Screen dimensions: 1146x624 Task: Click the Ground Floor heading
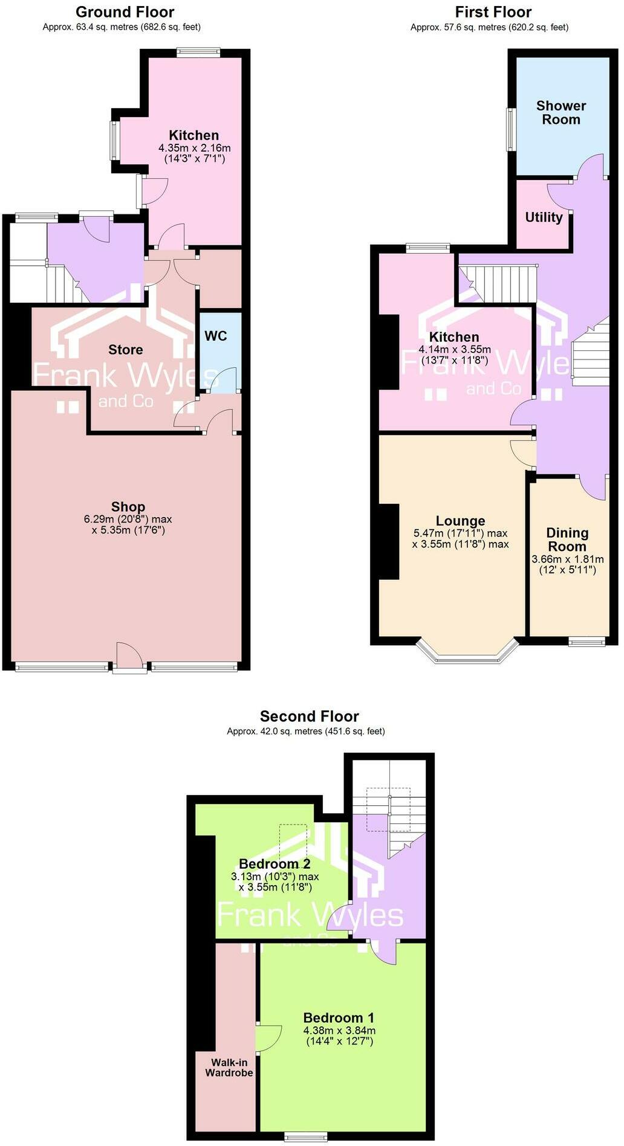(x=125, y=11)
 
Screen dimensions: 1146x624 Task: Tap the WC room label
(x=215, y=336)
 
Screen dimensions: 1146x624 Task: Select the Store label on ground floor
(x=125, y=349)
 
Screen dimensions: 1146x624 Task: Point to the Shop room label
(x=128, y=507)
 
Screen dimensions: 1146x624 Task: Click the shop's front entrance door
(x=129, y=658)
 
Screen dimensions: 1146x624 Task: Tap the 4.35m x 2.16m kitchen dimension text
(x=194, y=148)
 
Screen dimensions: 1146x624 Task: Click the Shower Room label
(x=561, y=112)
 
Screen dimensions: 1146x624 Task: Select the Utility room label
(x=543, y=217)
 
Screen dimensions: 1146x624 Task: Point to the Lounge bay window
(x=467, y=655)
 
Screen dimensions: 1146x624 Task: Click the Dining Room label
(x=567, y=539)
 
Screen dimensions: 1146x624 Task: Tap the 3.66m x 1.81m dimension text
(x=567, y=559)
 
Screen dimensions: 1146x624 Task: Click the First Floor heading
(x=493, y=11)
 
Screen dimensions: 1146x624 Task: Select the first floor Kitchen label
(x=454, y=336)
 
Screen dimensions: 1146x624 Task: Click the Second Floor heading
(x=309, y=716)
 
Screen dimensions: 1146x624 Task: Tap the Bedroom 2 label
(x=275, y=863)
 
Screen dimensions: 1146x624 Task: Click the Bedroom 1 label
(x=339, y=1017)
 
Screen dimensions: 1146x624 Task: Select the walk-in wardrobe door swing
(x=268, y=1038)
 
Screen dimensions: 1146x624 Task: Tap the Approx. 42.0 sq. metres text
(x=305, y=731)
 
